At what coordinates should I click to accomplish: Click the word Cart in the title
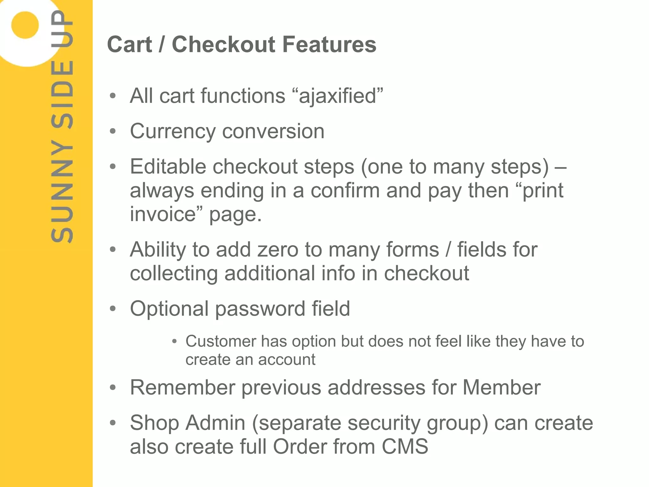pos(130,44)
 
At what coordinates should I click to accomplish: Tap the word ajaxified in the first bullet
pos(337,96)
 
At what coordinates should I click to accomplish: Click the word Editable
pos(168,167)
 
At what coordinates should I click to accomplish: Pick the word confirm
pos(345,191)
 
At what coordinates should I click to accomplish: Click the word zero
pos(278,250)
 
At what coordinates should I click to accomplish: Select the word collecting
pos(174,273)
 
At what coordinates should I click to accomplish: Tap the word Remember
pos(182,388)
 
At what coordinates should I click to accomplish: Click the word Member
pos(501,388)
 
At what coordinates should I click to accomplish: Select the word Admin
pos(215,423)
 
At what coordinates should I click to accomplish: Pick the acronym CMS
pos(405,447)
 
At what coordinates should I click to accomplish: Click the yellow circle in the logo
pos(25,25)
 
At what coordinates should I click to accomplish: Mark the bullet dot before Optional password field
pos(113,309)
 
